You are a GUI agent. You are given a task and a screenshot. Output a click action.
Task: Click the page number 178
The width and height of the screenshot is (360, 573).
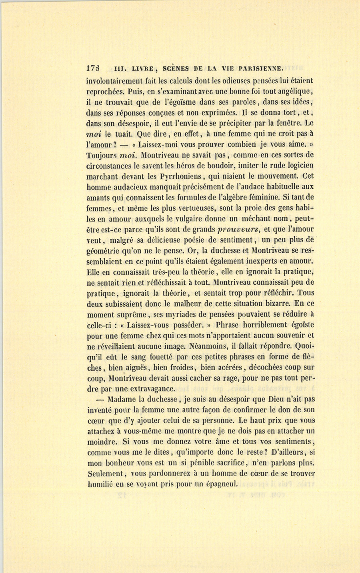(x=93, y=68)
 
